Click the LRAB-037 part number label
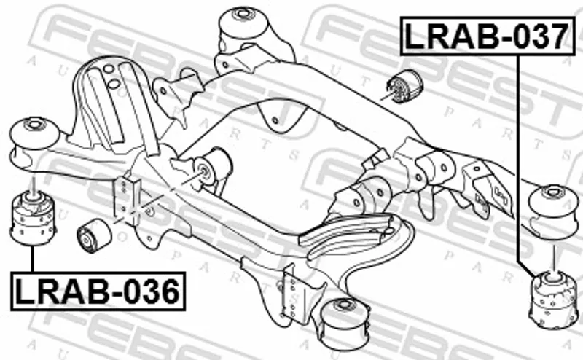(x=488, y=36)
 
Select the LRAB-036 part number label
(x=98, y=291)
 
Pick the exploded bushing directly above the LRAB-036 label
(x=33, y=218)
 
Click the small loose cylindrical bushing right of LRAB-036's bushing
(x=94, y=235)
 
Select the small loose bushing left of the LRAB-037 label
(x=404, y=86)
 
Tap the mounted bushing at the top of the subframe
(x=244, y=23)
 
